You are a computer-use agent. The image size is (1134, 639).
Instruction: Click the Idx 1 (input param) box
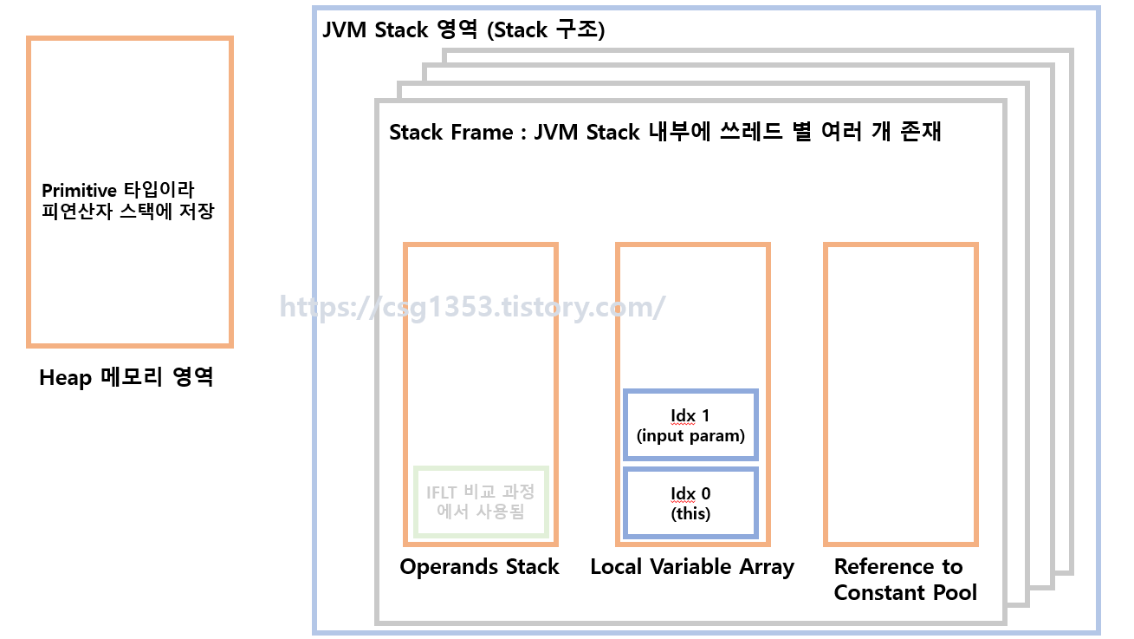pyautogui.click(x=690, y=425)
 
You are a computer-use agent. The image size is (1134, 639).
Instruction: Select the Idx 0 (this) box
pyautogui.click(x=690, y=503)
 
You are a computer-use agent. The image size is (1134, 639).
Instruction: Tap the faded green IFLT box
pyautogui.click(x=480, y=502)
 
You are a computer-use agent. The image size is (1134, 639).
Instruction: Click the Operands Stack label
pyautogui.click(x=479, y=567)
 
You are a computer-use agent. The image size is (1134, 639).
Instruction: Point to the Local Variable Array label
pyautogui.click(x=692, y=567)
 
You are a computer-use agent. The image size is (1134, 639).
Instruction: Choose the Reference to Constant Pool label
pyautogui.click(x=904, y=579)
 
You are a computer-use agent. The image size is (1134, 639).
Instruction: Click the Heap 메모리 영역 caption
pyautogui.click(x=126, y=378)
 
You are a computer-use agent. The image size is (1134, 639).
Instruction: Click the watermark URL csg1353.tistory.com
pyautogui.click(x=472, y=307)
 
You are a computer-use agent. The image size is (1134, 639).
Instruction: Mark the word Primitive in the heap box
pyautogui.click(x=79, y=190)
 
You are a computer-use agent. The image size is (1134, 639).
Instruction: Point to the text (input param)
pyautogui.click(x=690, y=435)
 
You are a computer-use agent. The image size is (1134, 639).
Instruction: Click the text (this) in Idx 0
pyautogui.click(x=690, y=513)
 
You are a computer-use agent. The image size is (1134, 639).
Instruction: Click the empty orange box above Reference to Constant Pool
pyautogui.click(x=900, y=394)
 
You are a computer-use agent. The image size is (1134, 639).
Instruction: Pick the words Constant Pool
pyautogui.click(x=905, y=593)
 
